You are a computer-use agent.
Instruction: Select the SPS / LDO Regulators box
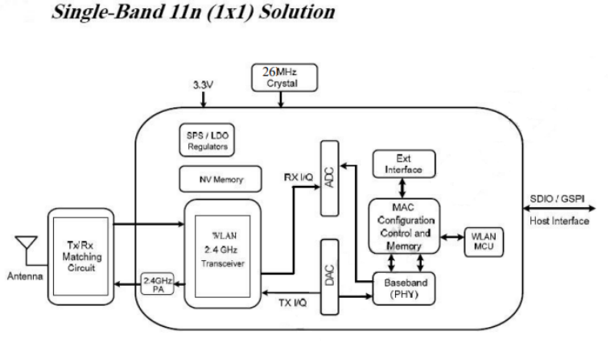pos(207,142)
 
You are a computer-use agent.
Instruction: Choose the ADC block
pos(329,177)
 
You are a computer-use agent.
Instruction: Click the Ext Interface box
pos(404,163)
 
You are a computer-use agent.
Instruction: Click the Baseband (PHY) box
pos(404,288)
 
